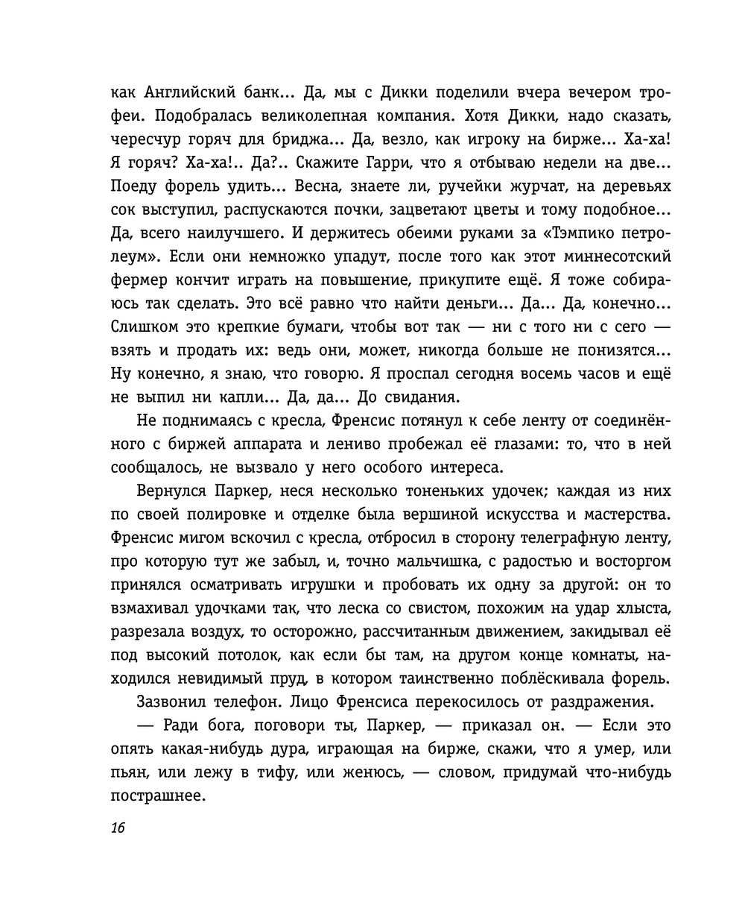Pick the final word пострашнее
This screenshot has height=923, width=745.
tap(157, 796)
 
